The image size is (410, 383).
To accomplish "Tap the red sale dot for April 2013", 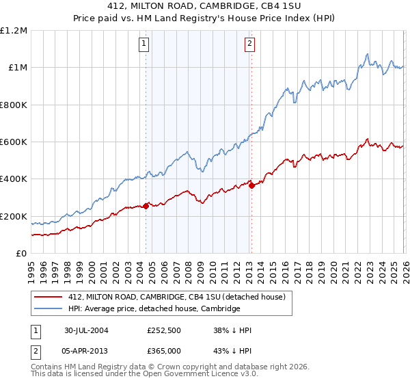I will (x=251, y=185).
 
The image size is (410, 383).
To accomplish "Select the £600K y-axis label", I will (x=14, y=142).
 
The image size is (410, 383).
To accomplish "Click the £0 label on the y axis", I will (x=21, y=254).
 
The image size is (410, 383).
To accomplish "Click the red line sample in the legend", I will (x=49, y=296).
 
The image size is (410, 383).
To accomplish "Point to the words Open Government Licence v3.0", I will (x=190, y=375).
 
